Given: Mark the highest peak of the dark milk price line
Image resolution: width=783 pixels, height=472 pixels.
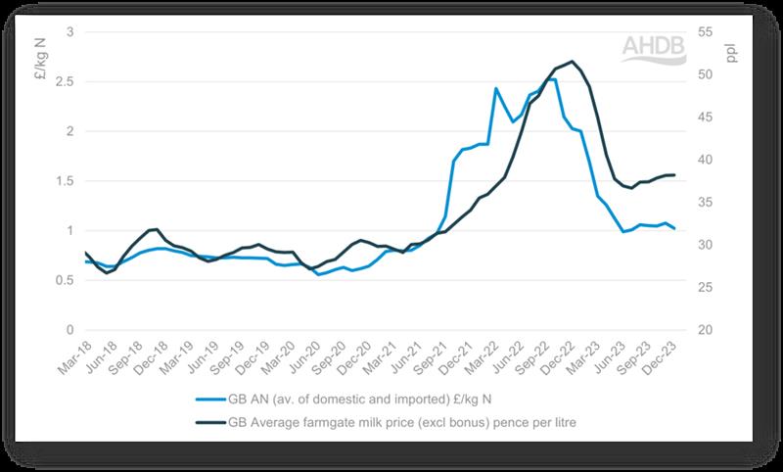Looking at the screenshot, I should click(x=572, y=62).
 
